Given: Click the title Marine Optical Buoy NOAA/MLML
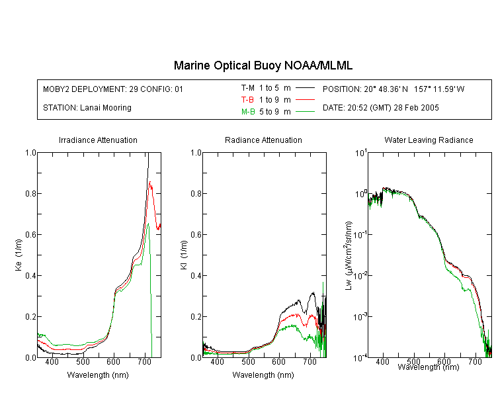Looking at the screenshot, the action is tap(263, 66).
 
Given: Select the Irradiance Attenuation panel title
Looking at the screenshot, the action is tap(98, 140).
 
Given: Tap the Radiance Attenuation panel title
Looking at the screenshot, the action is tap(263, 140).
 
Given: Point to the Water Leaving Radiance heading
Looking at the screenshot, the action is tap(429, 140).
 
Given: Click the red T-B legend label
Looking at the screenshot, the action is tap(247, 100).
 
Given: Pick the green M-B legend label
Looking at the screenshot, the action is tap(248, 112).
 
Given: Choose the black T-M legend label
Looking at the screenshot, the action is tap(248, 88).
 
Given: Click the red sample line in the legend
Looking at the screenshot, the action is tap(305, 100).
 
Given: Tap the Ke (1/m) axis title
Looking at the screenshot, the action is tap(19, 255).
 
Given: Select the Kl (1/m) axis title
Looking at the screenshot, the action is tap(184, 255).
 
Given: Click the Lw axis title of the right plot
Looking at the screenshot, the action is tap(349, 255).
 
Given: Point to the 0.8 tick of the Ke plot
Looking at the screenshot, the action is tap(31, 193).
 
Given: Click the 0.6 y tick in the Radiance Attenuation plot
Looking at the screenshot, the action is tap(196, 235).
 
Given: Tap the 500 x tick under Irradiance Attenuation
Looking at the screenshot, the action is tap(83, 361).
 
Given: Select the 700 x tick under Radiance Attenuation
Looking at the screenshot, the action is tap(310, 361).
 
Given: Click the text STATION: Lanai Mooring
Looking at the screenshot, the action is tap(87, 108).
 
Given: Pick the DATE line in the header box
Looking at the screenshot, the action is tap(380, 108).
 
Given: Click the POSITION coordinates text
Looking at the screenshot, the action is tap(393, 89).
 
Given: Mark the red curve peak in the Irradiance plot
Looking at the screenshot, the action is tap(150, 182).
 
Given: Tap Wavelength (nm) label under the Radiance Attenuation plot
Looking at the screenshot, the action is tap(263, 375).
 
